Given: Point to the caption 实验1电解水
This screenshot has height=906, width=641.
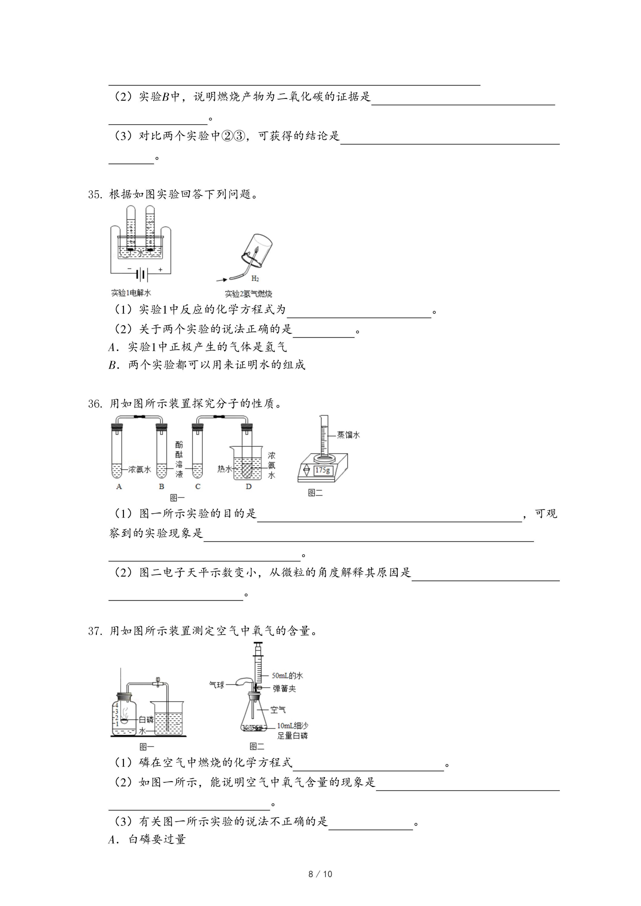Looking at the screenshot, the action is click(131, 293).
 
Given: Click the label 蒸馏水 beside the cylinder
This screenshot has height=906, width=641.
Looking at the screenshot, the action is click(348, 435).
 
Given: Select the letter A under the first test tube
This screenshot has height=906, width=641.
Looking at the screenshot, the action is click(119, 487).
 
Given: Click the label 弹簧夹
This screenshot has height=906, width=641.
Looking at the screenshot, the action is click(284, 688).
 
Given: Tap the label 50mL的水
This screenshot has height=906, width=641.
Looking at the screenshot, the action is click(287, 676).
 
